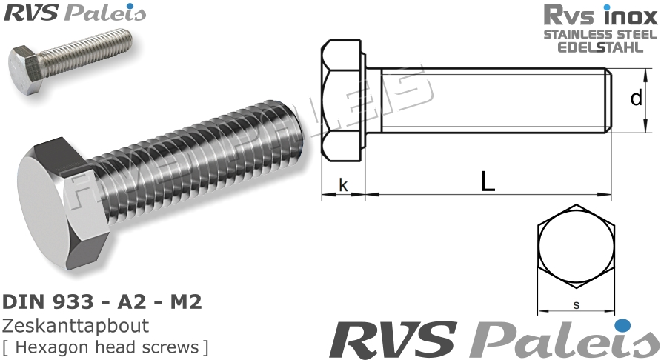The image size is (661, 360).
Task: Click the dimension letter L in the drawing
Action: [487, 181]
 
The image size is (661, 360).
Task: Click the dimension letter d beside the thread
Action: [636, 98]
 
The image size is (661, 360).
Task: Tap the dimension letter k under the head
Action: [343, 184]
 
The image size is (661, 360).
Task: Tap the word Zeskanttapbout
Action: [76, 326]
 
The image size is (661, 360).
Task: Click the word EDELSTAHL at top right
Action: [601, 47]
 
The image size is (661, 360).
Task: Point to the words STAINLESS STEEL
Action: [600, 35]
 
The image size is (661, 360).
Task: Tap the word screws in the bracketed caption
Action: [176, 347]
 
